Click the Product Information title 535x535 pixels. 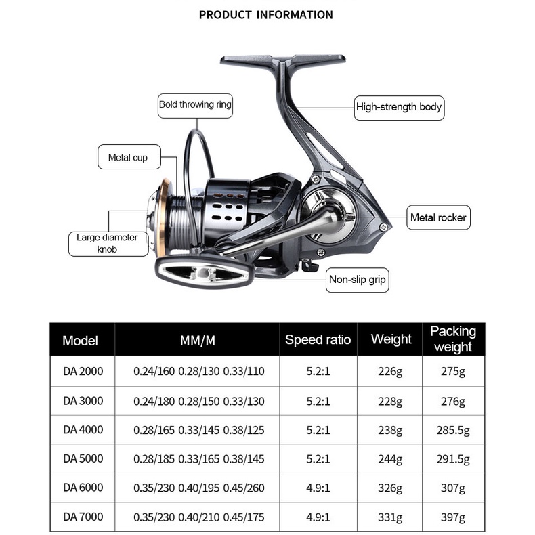[266, 15]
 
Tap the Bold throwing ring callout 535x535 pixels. [195, 104]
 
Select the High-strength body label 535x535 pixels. [399, 107]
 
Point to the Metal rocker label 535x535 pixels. [438, 218]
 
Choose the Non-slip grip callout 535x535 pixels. [358, 279]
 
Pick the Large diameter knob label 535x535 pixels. [107, 244]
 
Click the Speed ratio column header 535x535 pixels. [318, 339]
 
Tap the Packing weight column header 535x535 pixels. [453, 339]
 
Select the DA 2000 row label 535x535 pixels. [83, 370]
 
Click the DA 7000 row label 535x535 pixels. [83, 517]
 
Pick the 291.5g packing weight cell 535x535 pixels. [453, 459]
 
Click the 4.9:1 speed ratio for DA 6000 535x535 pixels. [318, 488]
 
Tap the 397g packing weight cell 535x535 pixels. [453, 517]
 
